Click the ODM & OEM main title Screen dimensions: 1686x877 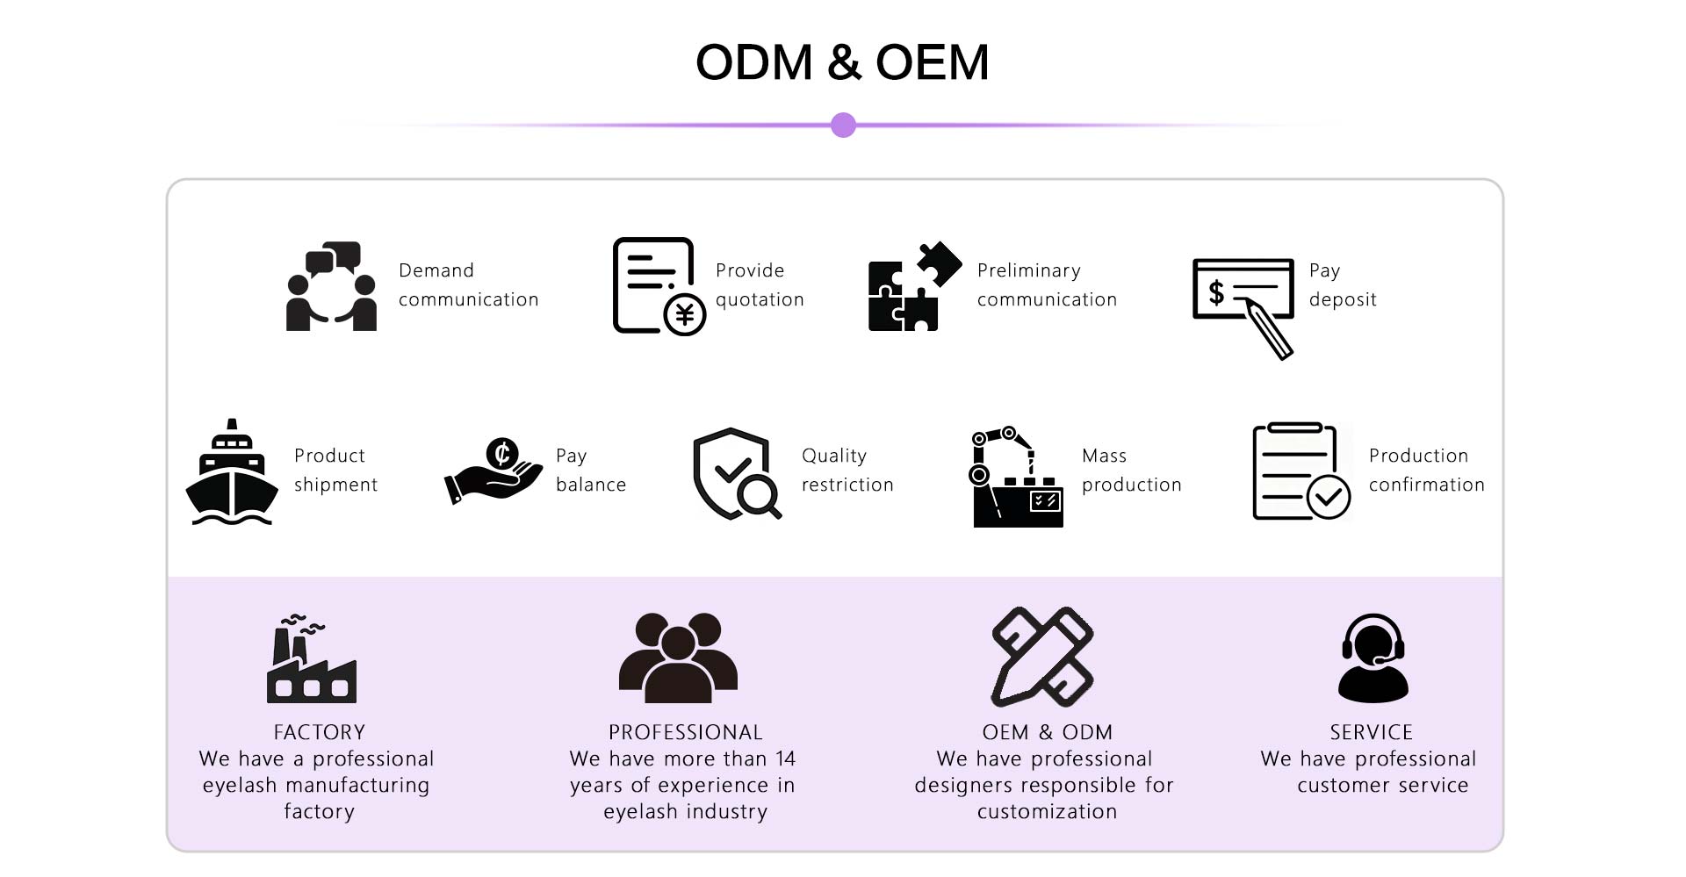point(842,62)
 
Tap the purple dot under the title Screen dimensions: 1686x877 point(843,125)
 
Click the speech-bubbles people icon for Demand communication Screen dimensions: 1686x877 point(331,286)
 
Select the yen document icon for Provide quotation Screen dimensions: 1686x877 point(659,286)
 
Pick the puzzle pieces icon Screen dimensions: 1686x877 point(914,286)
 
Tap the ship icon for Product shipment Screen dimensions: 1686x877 point(232,472)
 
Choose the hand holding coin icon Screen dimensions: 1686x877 point(494,471)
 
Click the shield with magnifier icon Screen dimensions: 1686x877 point(737,473)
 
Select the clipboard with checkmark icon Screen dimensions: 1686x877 point(1301,471)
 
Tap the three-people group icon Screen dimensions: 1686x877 point(678,658)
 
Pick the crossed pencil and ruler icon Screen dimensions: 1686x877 point(1042,657)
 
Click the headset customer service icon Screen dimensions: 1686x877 point(1373,658)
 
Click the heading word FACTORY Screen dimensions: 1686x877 point(320,732)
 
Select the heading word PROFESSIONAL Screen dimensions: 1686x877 point(686,732)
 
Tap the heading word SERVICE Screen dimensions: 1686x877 point(1372,732)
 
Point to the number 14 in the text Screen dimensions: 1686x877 point(785,758)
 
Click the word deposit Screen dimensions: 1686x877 point(1343,300)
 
